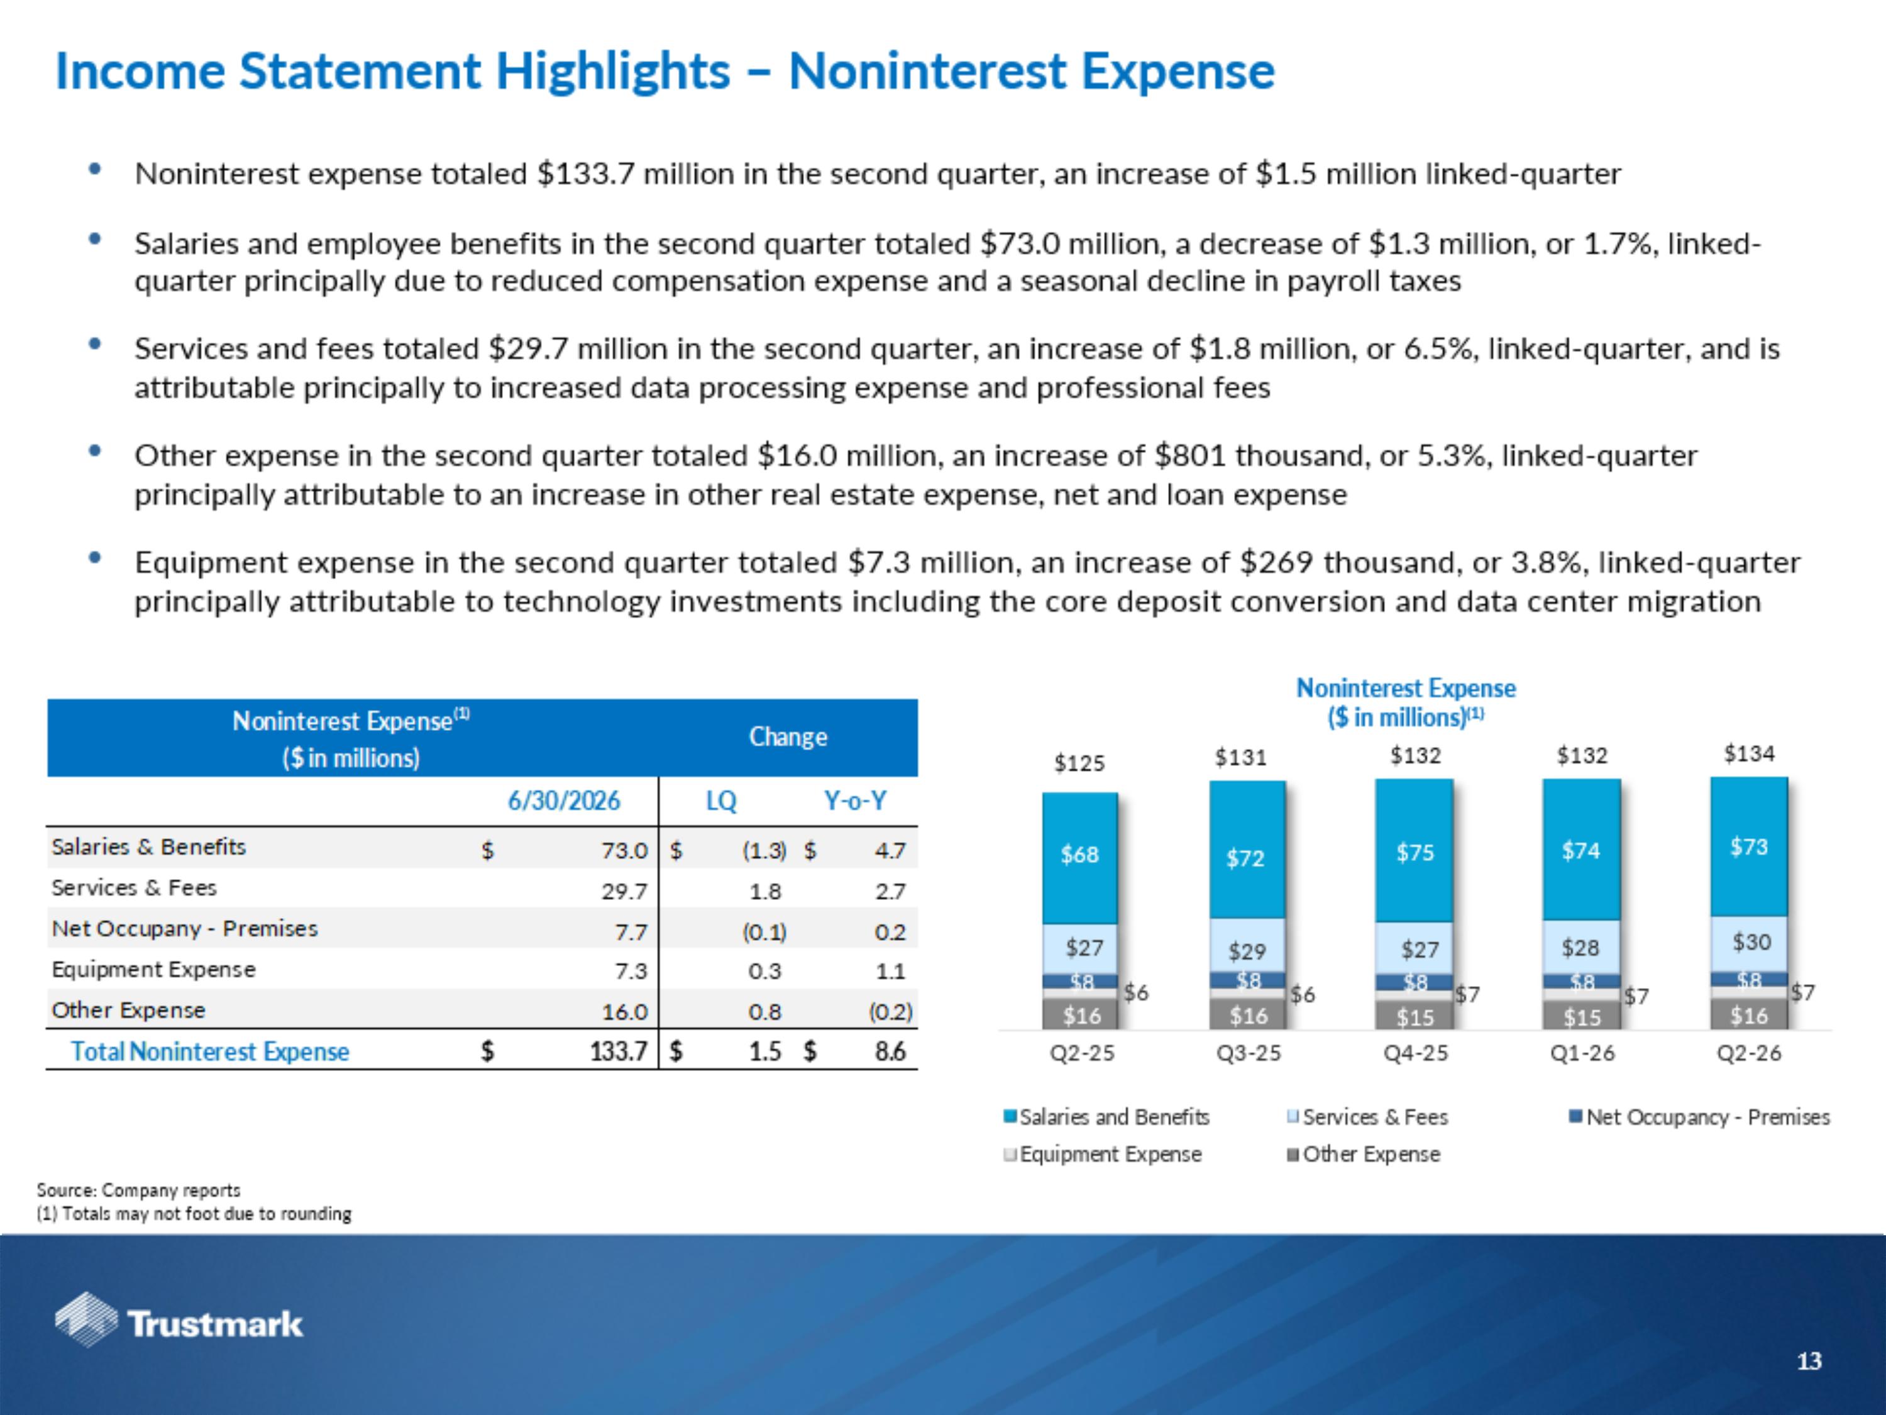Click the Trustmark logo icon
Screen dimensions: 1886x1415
coord(86,1319)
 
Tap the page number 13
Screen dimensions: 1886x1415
coord(1809,1362)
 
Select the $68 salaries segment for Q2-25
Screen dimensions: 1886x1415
coord(1079,857)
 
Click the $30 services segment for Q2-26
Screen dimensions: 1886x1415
coord(1749,943)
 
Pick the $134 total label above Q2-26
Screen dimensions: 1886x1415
coord(1749,753)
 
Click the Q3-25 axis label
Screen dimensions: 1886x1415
coord(1249,1053)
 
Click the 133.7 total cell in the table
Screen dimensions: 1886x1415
coord(619,1051)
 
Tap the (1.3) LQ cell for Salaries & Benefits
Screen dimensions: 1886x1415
coord(764,850)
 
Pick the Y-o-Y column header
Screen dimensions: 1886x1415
coord(855,801)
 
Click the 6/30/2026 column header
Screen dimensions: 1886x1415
coord(563,801)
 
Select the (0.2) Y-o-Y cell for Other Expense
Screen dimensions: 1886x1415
coord(890,1013)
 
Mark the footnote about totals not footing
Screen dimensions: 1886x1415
coord(194,1214)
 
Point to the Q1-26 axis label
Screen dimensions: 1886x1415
coord(1582,1053)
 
